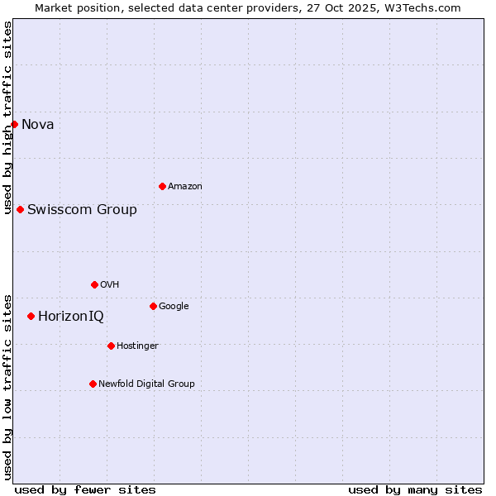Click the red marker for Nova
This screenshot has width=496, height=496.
pyautogui.click(x=14, y=124)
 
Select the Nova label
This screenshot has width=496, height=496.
pyautogui.click(x=38, y=125)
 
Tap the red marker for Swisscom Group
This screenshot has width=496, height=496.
pyautogui.click(x=20, y=209)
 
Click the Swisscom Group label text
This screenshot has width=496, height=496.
pyautogui.click(x=82, y=210)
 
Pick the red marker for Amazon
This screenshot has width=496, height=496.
pyautogui.click(x=162, y=186)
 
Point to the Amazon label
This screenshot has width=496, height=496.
pyautogui.click(x=184, y=187)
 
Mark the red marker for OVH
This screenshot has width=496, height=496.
pyautogui.click(x=94, y=284)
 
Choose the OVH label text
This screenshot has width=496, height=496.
pyautogui.click(x=110, y=285)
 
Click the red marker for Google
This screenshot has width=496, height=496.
pyautogui.click(x=153, y=306)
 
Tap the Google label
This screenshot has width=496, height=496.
pyautogui.click(x=174, y=307)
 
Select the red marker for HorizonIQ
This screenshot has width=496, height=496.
pyautogui.click(x=31, y=316)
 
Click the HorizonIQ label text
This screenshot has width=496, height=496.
pyautogui.click(x=71, y=317)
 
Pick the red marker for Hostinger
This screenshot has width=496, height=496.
pyautogui.click(x=111, y=346)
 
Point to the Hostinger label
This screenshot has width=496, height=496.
pyautogui.click(x=137, y=346)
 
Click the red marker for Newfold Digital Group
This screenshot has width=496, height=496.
pyautogui.click(x=93, y=384)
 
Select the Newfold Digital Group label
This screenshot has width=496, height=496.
pyautogui.click(x=146, y=384)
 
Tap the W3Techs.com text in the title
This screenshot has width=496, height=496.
pyautogui.click(x=425, y=7)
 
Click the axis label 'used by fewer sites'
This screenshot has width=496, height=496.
pyautogui.click(x=85, y=489)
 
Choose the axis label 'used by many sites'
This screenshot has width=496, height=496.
pyautogui.click(x=415, y=489)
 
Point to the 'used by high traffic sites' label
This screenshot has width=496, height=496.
pyautogui.click(x=7, y=117)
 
